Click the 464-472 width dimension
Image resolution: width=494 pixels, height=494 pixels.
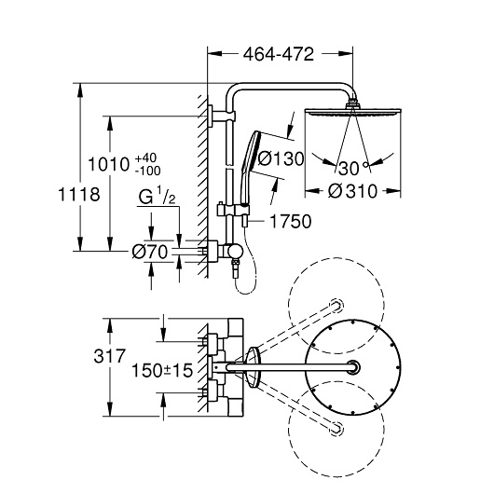pyautogui.click(x=279, y=54)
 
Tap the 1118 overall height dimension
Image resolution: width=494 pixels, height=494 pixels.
pyautogui.click(x=79, y=194)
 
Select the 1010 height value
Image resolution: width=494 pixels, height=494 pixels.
pyautogui.click(x=109, y=164)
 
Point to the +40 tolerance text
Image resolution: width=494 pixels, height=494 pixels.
pyautogui.click(x=145, y=158)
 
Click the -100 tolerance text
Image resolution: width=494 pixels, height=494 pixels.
pyautogui.click(x=148, y=171)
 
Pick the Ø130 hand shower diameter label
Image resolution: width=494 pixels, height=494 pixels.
pyautogui.click(x=281, y=158)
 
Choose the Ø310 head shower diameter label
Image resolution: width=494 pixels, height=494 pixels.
pyautogui.click(x=352, y=191)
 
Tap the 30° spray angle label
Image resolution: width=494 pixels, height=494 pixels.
pyautogui.click(x=353, y=168)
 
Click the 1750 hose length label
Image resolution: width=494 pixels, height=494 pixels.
pyautogui.click(x=291, y=221)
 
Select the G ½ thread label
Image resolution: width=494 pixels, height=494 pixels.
pyautogui.click(x=157, y=196)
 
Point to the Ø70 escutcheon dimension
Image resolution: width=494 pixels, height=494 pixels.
pyautogui.click(x=149, y=252)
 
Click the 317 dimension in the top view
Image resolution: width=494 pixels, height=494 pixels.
pyautogui.click(x=110, y=356)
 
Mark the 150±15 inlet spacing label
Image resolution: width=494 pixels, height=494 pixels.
pyautogui.click(x=162, y=370)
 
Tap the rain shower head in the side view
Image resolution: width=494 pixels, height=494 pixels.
pyautogui.click(x=352, y=111)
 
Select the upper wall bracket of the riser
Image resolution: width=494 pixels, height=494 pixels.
pyautogui.click(x=221, y=116)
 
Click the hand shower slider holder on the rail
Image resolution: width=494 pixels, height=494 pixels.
pyautogui.click(x=233, y=211)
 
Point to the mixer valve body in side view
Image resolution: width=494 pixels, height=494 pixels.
pyautogui.click(x=225, y=252)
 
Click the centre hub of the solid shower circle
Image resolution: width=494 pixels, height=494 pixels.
pyautogui.click(x=353, y=367)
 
